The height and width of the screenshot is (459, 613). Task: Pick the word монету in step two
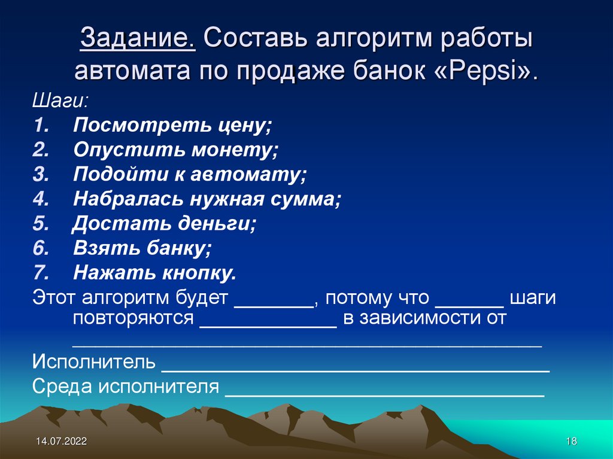[235, 151]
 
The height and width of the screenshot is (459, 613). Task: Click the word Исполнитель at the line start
[94, 363]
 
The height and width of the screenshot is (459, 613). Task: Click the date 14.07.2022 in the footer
[61, 442]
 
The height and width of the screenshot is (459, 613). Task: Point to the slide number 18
[570, 442]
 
